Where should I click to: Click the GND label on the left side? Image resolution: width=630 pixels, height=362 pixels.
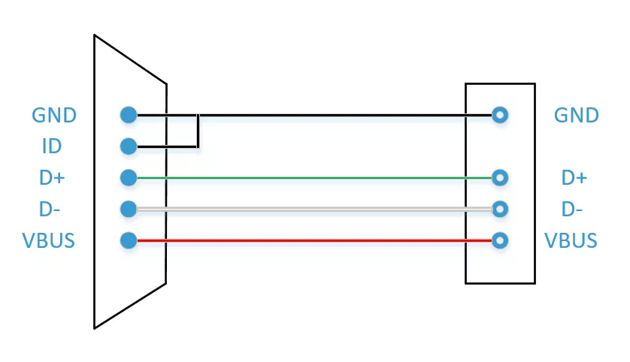click(x=54, y=115)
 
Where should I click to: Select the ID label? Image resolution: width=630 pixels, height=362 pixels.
click(x=52, y=146)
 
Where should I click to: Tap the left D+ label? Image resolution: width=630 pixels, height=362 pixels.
click(x=52, y=177)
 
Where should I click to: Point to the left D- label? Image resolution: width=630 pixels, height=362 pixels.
click(x=50, y=209)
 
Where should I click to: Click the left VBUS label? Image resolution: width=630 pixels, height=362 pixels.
click(x=49, y=240)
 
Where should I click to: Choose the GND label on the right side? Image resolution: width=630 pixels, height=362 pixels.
click(x=576, y=115)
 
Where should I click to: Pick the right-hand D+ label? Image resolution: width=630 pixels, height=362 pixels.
click(x=574, y=177)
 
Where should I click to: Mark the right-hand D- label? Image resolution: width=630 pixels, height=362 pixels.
click(x=572, y=209)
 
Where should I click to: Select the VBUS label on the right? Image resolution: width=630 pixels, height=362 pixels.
click(x=571, y=240)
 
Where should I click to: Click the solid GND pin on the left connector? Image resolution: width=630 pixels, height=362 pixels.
click(x=129, y=115)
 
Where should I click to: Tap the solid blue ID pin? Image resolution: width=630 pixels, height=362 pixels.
click(x=129, y=146)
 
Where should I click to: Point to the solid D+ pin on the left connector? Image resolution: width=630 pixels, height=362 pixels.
click(x=129, y=177)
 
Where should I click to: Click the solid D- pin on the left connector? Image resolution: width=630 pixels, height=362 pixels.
click(x=129, y=209)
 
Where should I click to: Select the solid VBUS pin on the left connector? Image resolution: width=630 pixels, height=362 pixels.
click(x=129, y=240)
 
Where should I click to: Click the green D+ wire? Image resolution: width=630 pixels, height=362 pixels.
click(x=314, y=177)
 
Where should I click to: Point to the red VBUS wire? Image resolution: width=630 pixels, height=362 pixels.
click(x=314, y=240)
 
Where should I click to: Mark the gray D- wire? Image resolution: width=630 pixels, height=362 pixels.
click(x=314, y=209)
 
